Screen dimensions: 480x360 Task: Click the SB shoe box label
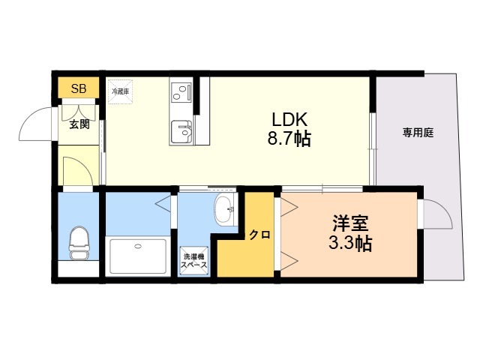point(79,88)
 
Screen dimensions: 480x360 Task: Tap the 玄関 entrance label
point(79,124)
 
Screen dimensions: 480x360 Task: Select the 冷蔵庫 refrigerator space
point(120,91)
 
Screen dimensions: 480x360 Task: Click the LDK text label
point(289,120)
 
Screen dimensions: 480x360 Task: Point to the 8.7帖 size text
point(289,139)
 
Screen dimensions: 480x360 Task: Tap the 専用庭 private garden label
point(418,133)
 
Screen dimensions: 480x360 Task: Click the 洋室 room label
point(350,223)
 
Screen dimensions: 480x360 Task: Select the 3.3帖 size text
point(350,243)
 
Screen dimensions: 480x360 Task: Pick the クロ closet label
point(259,235)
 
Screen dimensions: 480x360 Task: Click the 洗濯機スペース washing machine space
point(194,261)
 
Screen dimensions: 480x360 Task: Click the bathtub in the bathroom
point(138,256)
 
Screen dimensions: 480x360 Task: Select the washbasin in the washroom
point(225,210)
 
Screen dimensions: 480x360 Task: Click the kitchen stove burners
point(181,92)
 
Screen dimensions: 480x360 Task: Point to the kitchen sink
point(181,132)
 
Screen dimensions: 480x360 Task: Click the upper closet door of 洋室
point(289,208)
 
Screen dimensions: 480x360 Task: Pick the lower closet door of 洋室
point(289,261)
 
